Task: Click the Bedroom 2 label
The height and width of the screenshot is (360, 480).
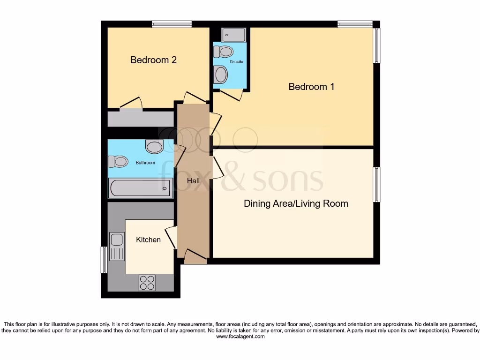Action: pyautogui.click(x=153, y=60)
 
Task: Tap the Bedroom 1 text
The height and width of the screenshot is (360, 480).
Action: pyautogui.click(x=311, y=87)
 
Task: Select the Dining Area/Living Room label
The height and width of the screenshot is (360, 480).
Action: pyautogui.click(x=296, y=203)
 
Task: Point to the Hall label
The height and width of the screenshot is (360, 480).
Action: pyautogui.click(x=193, y=180)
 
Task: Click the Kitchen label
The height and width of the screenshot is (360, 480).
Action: pyautogui.click(x=148, y=240)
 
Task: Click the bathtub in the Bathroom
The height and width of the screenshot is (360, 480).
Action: pyautogui.click(x=141, y=188)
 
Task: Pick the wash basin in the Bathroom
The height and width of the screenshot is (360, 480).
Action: pyautogui.click(x=154, y=147)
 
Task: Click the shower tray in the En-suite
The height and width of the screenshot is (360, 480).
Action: pyautogui.click(x=233, y=35)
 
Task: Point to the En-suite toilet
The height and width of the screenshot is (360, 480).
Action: pyautogui.click(x=225, y=51)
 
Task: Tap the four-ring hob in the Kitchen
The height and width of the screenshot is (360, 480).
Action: pyautogui.click(x=147, y=282)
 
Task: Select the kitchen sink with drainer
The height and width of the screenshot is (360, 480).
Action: pyautogui.click(x=116, y=247)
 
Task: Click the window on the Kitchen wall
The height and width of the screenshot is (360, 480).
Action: pyautogui.click(x=104, y=260)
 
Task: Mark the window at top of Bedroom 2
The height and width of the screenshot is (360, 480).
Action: pyautogui.click(x=172, y=24)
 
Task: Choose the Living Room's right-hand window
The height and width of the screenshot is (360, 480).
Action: pyautogui.click(x=376, y=185)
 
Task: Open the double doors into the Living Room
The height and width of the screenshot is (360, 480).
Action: pyautogui.click(x=217, y=168)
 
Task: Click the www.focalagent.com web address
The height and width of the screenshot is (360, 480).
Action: pyautogui.click(x=240, y=336)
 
